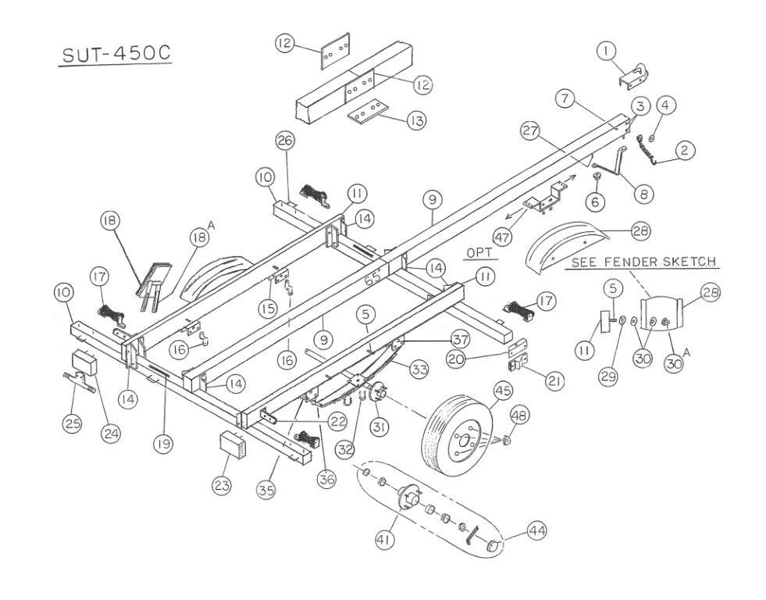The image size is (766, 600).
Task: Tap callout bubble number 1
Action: [604, 52]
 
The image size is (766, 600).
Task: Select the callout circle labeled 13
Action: [417, 120]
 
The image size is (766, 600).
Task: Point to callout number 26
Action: [285, 141]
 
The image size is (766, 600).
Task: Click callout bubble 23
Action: [221, 484]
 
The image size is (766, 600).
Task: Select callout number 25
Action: [73, 423]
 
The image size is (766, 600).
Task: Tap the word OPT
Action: [480, 252]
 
